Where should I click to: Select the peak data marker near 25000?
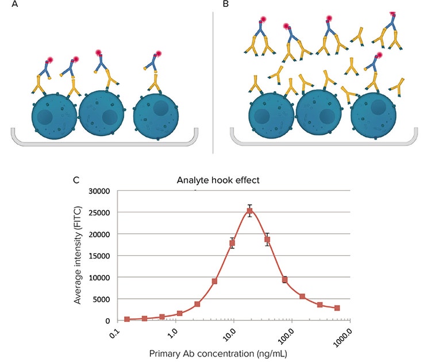(x=249, y=211)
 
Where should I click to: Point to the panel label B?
(x=225, y=4)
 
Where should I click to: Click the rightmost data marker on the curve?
(x=337, y=308)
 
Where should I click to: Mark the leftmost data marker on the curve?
(x=127, y=319)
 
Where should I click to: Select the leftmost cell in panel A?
(x=54, y=116)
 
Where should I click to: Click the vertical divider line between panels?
(x=213, y=80)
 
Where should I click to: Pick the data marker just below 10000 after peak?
(x=284, y=280)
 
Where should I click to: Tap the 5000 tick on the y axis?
(x=101, y=299)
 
